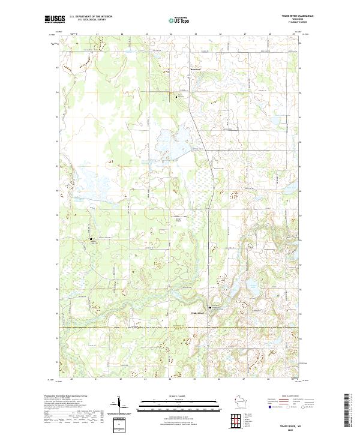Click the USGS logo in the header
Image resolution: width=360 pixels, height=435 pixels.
point(55,20)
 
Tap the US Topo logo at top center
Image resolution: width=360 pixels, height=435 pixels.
point(179,20)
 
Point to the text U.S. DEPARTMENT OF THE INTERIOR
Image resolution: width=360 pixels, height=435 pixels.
point(91,16)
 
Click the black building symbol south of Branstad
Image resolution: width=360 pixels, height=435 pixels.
point(177,95)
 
